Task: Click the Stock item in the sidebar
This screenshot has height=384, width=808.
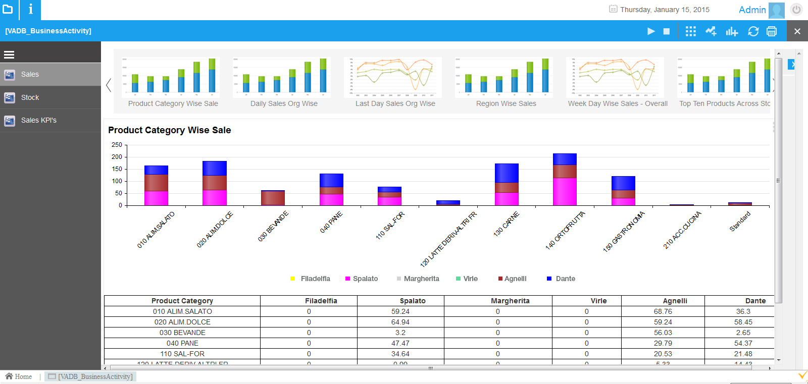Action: (x=30, y=97)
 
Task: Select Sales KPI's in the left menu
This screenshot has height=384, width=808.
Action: (x=38, y=120)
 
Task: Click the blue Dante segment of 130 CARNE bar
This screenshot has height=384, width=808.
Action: (x=507, y=173)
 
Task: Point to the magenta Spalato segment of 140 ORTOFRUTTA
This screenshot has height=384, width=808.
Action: (x=565, y=191)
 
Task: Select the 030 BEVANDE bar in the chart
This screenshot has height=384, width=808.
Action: (x=273, y=197)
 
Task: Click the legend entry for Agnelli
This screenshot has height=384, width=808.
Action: (x=515, y=279)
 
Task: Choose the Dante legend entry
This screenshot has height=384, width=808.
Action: (x=565, y=279)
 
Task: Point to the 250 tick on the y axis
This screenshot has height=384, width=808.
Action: (x=117, y=145)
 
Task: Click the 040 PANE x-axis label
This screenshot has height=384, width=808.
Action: (x=331, y=222)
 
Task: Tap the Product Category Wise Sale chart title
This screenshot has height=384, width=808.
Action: (x=169, y=130)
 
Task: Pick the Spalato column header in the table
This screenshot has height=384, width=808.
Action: (x=413, y=301)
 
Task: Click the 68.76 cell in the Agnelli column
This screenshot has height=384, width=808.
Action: (x=663, y=311)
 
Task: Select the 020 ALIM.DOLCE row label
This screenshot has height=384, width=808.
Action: (x=182, y=322)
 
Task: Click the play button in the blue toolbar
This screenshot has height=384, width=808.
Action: (x=651, y=31)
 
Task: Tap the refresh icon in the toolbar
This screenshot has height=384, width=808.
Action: (x=753, y=31)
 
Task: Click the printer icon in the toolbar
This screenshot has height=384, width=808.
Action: (x=772, y=31)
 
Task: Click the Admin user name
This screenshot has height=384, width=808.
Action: (x=752, y=10)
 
